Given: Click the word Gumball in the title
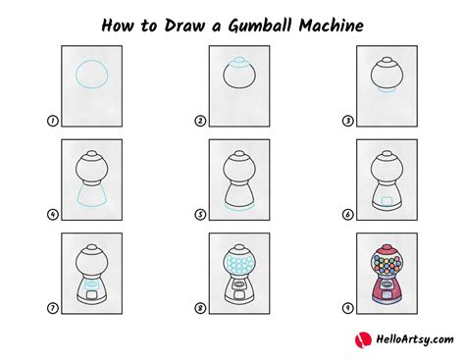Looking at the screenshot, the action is pyautogui.click(x=260, y=26).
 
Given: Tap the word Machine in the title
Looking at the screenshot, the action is pyautogui.click(x=331, y=26).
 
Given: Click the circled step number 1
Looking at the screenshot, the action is pyautogui.click(x=52, y=121).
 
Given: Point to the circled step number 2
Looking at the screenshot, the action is pyautogui.click(x=200, y=121).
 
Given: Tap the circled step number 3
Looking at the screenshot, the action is pyautogui.click(x=347, y=121).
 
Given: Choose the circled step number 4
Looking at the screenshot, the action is pyautogui.click(x=52, y=215).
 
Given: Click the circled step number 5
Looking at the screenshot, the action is pyautogui.click(x=200, y=215).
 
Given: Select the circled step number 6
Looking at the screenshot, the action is pyautogui.click(x=347, y=215).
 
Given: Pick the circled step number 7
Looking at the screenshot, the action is pyautogui.click(x=52, y=308).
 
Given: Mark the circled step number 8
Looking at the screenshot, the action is pyautogui.click(x=200, y=308).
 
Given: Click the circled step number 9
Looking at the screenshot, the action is pyautogui.click(x=347, y=308).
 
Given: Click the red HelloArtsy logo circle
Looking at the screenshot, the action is pyautogui.click(x=363, y=340).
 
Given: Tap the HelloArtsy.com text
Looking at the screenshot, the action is pyautogui.click(x=415, y=339).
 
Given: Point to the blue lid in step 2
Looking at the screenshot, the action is pyautogui.click(x=239, y=62).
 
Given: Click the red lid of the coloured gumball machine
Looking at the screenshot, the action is pyautogui.click(x=387, y=250).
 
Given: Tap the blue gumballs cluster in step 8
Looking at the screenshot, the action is pyautogui.click(x=239, y=264).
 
